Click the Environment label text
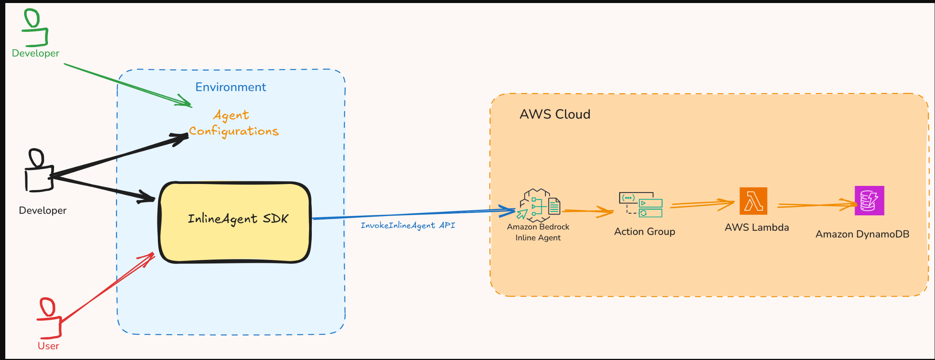231,87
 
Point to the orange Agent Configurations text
234,123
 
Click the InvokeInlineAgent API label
408,226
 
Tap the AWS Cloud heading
555,114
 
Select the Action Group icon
641,204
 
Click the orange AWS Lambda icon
753,201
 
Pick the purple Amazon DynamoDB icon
869,201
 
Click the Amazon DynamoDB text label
862,234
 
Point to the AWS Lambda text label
757,227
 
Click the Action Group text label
644,232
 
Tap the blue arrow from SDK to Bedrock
408,214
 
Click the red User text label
48,346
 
